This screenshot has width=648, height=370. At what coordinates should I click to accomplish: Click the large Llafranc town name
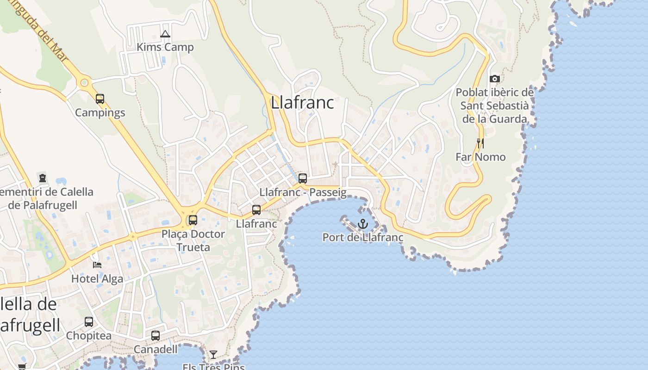[302, 103]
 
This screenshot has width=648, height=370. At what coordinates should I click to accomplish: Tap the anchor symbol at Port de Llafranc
[363, 224]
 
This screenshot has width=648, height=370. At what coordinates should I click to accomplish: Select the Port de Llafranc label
[363, 238]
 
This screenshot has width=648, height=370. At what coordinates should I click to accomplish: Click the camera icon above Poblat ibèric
[494, 79]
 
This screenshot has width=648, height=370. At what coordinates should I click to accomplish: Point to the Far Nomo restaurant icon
[480, 143]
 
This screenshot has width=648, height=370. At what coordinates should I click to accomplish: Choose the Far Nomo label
[480, 157]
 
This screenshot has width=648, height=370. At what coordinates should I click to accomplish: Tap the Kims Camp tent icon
[165, 34]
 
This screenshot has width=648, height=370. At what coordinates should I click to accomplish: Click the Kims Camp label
[165, 47]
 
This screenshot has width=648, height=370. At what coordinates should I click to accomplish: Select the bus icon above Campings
[100, 99]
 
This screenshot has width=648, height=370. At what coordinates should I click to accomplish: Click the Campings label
[100, 113]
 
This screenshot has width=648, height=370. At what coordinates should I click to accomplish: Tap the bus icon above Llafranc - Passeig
[303, 179]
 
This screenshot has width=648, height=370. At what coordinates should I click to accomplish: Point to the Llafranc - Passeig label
[303, 192]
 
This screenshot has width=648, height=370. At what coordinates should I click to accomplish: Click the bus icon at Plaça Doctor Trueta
[193, 220]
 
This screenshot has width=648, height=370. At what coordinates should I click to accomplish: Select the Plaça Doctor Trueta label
[193, 240]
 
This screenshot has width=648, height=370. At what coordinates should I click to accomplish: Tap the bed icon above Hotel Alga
[97, 265]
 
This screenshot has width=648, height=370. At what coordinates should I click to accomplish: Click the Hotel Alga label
[97, 279]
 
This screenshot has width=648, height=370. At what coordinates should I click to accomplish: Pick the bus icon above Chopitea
[89, 322]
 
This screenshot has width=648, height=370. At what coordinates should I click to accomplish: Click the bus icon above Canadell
[156, 336]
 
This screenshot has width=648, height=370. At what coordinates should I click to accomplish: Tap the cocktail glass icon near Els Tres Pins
[213, 355]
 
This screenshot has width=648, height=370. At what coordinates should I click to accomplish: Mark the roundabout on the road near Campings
[84, 83]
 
